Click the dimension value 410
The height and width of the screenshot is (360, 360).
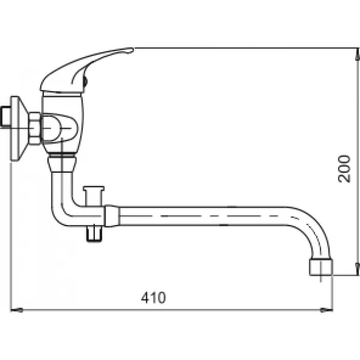154,297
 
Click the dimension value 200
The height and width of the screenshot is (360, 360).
344,167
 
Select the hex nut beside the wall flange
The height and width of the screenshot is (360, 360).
35,127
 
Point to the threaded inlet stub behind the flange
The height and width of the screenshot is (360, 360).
6,117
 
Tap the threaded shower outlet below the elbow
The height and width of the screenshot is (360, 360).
93,232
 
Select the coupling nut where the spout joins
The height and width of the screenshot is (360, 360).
112,215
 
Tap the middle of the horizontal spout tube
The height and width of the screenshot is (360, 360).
210,215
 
